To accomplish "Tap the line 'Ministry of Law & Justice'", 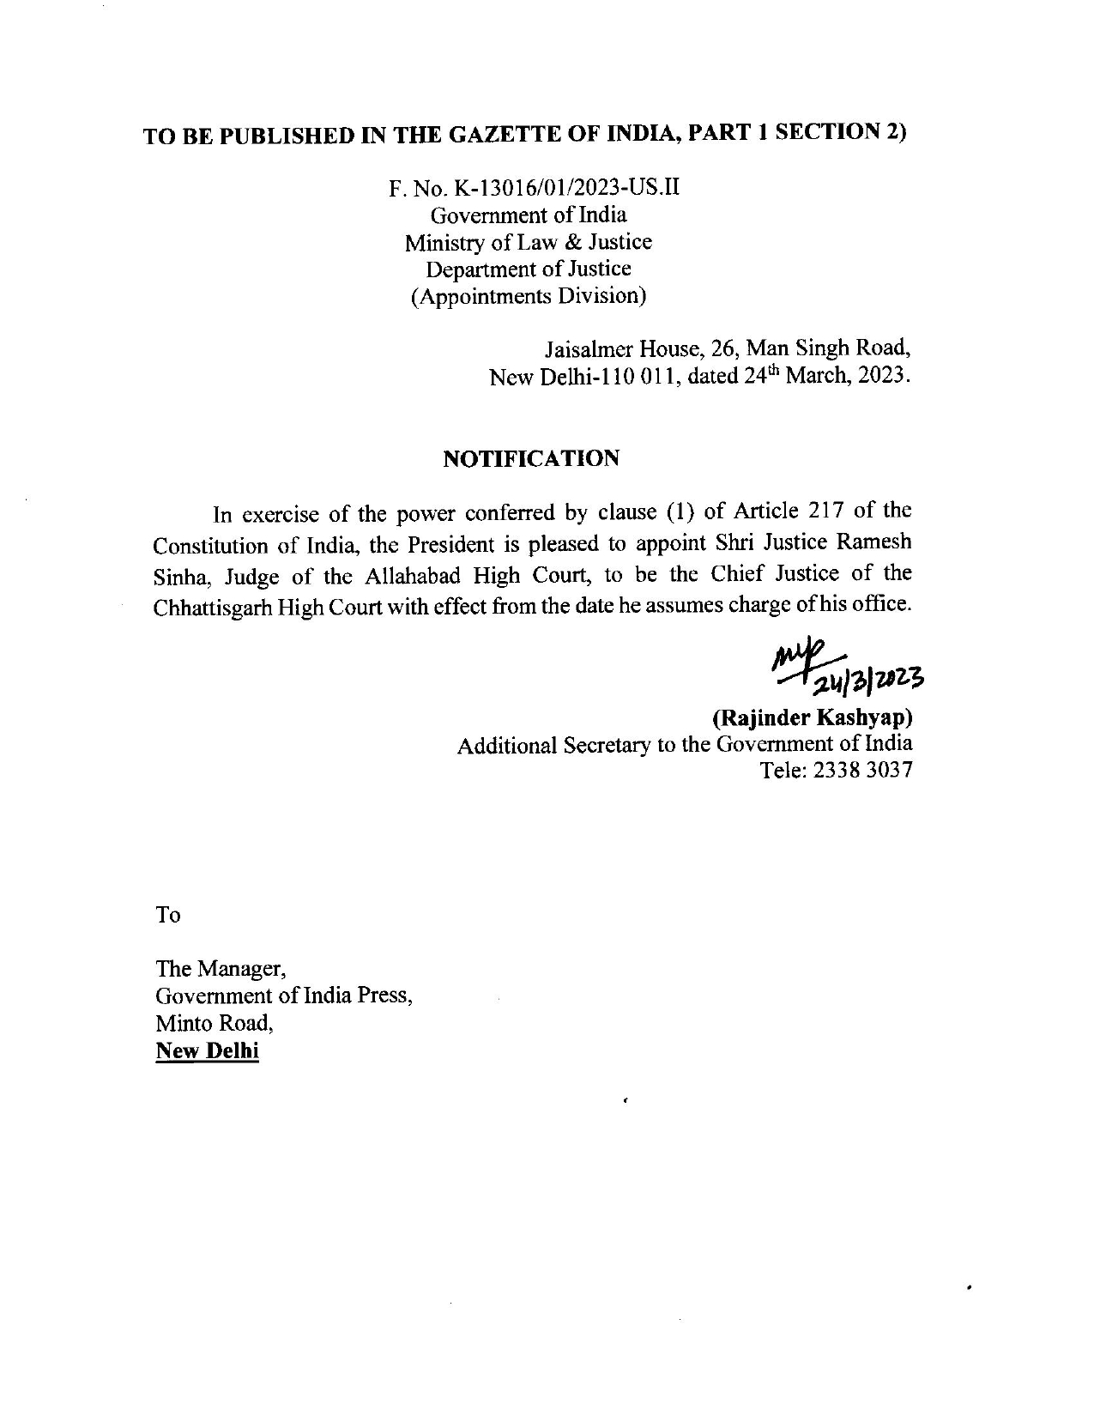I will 528,242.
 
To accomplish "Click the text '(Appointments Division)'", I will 528,296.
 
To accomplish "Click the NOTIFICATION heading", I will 530,458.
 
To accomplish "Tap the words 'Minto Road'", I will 213,1023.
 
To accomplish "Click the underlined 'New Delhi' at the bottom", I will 207,1050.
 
